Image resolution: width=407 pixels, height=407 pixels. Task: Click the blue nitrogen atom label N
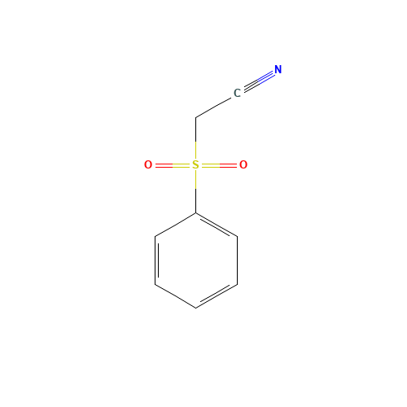coord(278,70)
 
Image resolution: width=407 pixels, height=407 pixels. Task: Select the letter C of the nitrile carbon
coord(237,94)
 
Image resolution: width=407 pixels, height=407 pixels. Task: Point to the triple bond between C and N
coord(257,81)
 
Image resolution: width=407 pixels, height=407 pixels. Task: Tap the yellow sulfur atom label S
coord(195,165)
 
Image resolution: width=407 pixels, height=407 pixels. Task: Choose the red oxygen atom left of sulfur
coord(148,165)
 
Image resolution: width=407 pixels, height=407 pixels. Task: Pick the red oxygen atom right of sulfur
coord(243,165)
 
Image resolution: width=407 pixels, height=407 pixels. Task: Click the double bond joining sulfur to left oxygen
coord(172,165)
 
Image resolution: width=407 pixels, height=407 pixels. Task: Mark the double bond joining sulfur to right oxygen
coord(219,165)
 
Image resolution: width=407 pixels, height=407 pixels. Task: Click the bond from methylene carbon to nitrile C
coord(215,107)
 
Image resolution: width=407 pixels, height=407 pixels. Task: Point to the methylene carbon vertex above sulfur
coord(195,118)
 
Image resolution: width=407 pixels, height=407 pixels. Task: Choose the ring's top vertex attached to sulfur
coord(195,213)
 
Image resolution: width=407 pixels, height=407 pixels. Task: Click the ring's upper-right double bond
coord(217,225)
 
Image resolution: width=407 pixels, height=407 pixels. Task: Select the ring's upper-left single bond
coord(175,225)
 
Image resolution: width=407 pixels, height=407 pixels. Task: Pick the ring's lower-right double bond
coord(217,296)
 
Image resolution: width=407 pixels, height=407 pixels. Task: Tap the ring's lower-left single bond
coord(175,296)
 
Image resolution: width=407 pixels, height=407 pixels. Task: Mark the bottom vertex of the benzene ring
coord(195,308)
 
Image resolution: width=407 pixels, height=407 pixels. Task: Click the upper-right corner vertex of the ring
coord(237,237)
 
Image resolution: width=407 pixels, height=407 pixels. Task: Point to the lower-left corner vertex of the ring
coord(155,284)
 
